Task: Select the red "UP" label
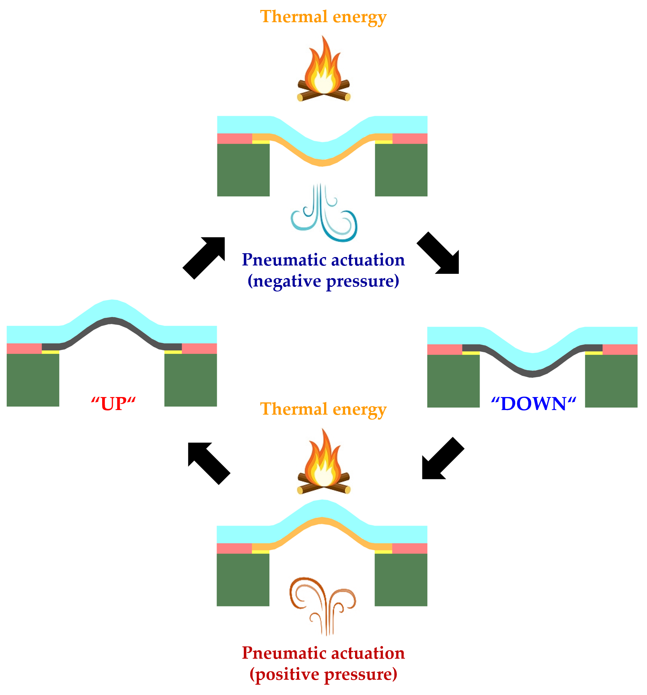tap(114, 404)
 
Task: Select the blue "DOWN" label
tap(533, 404)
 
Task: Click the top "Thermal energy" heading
tap(323, 17)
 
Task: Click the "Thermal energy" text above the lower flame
tap(323, 409)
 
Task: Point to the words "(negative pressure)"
tap(323, 281)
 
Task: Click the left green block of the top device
tap(243, 170)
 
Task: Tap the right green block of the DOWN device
tap(611, 381)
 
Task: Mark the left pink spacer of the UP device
tap(24, 348)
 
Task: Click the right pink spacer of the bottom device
tap(410, 549)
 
